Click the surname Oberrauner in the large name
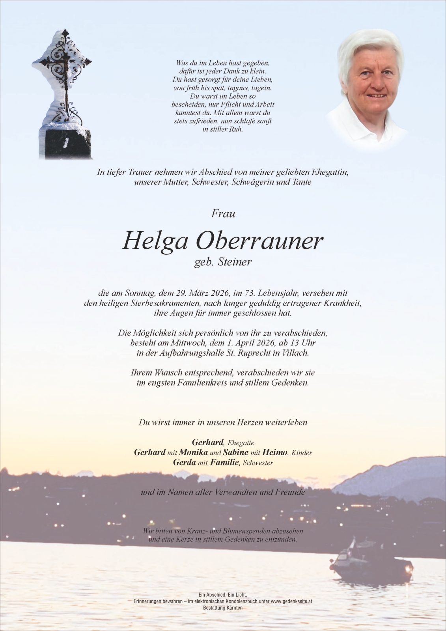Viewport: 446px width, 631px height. (259, 241)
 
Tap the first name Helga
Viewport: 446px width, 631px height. (155, 241)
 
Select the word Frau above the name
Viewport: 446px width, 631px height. (223, 214)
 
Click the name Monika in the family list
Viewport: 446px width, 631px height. (193, 452)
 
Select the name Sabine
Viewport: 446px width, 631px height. (235, 452)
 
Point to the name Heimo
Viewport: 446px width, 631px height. (275, 452)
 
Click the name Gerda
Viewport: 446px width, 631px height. (184, 462)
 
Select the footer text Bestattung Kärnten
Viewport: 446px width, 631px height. (223, 608)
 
